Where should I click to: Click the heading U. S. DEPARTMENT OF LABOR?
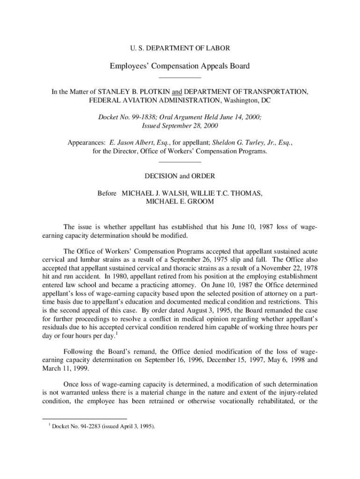[x=180, y=48]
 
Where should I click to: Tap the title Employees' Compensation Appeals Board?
[x=180, y=66]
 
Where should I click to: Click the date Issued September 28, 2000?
[x=180, y=126]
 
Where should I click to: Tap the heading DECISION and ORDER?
[x=180, y=176]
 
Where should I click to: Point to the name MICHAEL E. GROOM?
[x=180, y=202]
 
